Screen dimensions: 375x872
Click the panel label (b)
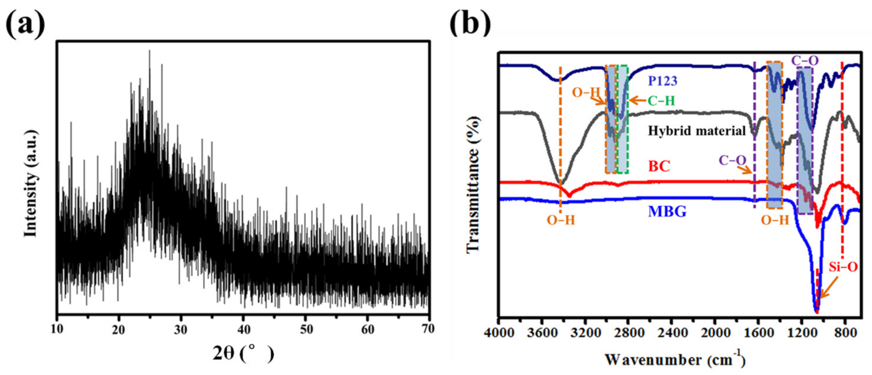(470, 22)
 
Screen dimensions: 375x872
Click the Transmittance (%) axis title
(473, 184)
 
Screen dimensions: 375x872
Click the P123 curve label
(663, 81)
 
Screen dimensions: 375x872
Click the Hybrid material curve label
(697, 131)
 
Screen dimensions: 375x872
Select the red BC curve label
(659, 166)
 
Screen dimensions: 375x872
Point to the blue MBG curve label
(667, 212)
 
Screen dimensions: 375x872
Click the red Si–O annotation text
(843, 267)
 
